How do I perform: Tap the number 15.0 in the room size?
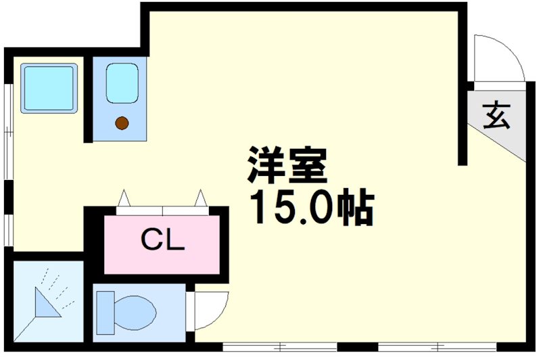point(292,208)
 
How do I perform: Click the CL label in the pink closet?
point(162,240)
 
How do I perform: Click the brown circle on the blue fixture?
point(122,122)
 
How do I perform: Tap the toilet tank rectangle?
point(106,312)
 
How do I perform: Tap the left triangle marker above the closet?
point(123,199)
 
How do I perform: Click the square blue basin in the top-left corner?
point(48,89)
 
